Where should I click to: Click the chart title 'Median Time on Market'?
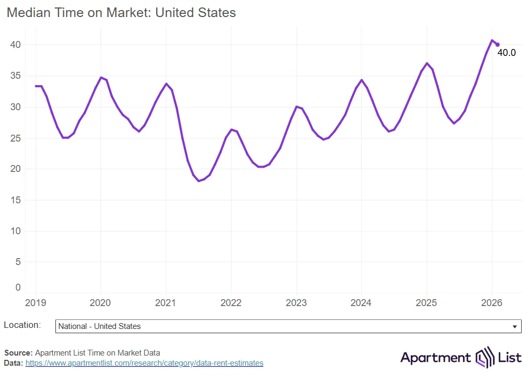pyautogui.click(x=121, y=13)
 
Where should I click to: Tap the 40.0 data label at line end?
pyautogui.click(x=506, y=53)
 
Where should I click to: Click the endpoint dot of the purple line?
pyautogui.click(x=498, y=45)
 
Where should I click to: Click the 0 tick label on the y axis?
pyautogui.click(x=18, y=287)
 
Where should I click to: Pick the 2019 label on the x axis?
pyautogui.click(x=36, y=303)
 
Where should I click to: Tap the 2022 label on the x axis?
pyautogui.click(x=231, y=303)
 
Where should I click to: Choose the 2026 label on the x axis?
pyautogui.click(x=492, y=303)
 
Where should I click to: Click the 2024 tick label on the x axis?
pyautogui.click(x=361, y=303)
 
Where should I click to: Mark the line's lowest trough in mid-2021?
pyautogui.click(x=198, y=181)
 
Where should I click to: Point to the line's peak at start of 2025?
pyautogui.click(x=427, y=63)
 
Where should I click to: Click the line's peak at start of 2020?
pyautogui.click(x=101, y=77)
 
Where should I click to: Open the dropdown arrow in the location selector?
pyautogui.click(x=514, y=326)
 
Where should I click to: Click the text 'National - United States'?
pyautogui.click(x=99, y=326)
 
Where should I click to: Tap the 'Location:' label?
pyautogui.click(x=22, y=325)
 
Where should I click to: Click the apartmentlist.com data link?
pyautogui.click(x=144, y=363)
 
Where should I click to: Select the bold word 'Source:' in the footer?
pyautogui.click(x=18, y=352)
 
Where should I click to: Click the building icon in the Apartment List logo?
pyautogui.click(x=485, y=358)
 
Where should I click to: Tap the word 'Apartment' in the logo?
pyautogui.click(x=435, y=358)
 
